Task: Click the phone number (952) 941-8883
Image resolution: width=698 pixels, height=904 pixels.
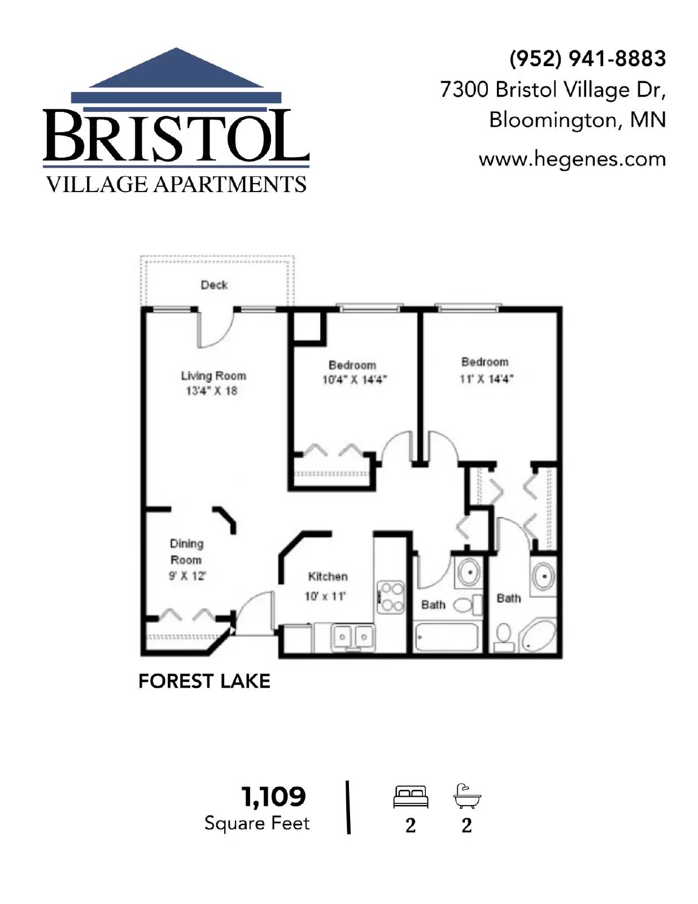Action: pyautogui.click(x=587, y=59)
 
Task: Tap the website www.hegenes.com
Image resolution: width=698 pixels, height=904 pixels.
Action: pyautogui.click(x=572, y=159)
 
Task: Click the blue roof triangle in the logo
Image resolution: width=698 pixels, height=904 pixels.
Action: pyautogui.click(x=177, y=70)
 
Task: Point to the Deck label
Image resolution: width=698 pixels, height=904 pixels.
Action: pyautogui.click(x=214, y=285)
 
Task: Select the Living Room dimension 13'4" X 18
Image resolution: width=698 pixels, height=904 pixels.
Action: pyautogui.click(x=212, y=391)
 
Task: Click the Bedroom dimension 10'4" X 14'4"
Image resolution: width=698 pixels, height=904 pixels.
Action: pyautogui.click(x=354, y=380)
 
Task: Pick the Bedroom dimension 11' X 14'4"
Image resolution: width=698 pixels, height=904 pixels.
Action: pyautogui.click(x=486, y=378)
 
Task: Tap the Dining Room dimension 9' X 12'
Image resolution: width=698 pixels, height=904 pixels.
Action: pyautogui.click(x=187, y=576)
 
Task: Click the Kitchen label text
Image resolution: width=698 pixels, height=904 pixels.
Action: pyautogui.click(x=328, y=576)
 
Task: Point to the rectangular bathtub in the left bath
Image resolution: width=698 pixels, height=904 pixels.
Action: pyautogui.click(x=447, y=637)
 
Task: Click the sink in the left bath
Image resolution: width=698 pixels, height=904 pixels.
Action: pyautogui.click(x=469, y=572)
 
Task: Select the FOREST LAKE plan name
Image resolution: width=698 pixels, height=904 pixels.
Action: pyautogui.click(x=204, y=681)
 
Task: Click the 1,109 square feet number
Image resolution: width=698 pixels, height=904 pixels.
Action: pyautogui.click(x=274, y=797)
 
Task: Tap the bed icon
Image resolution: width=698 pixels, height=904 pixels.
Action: pyautogui.click(x=411, y=797)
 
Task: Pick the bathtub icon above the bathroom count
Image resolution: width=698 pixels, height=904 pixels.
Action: pyautogui.click(x=466, y=797)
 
